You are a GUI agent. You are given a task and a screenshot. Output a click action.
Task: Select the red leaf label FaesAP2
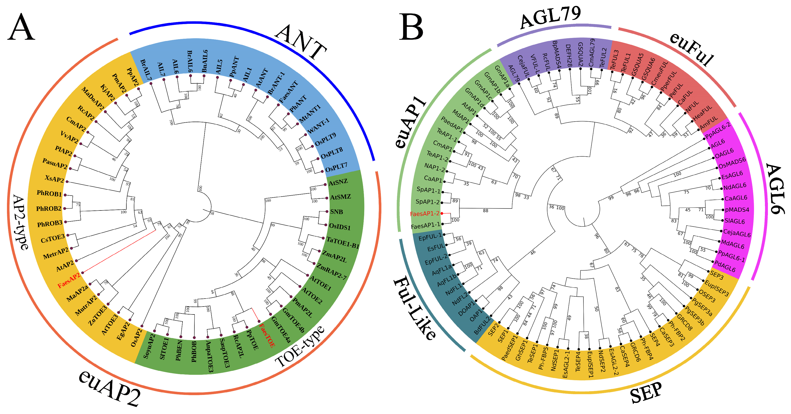click(69, 280)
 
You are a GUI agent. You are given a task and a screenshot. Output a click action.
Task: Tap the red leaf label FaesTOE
click(267, 335)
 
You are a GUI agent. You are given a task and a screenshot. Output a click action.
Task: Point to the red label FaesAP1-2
click(424, 214)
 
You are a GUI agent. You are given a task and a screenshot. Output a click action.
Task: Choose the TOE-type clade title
click(299, 347)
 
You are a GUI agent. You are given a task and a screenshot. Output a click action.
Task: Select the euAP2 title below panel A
click(109, 388)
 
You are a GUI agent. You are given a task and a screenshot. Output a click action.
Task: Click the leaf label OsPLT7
click(336, 168)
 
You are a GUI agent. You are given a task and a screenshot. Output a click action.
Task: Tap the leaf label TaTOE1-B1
click(343, 243)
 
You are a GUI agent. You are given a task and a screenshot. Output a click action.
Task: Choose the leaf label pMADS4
click(737, 210)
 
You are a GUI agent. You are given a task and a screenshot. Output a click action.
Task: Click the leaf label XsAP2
click(54, 179)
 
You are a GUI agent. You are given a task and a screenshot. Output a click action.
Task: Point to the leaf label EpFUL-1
click(430, 237)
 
